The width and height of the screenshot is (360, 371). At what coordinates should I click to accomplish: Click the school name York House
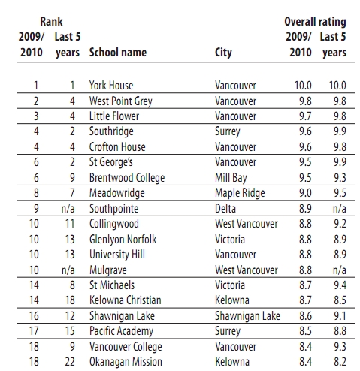(x=111, y=86)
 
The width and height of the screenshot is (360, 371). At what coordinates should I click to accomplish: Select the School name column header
(x=118, y=53)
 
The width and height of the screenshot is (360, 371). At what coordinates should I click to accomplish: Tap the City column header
(x=223, y=53)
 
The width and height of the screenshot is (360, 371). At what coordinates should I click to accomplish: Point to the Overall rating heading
(x=315, y=22)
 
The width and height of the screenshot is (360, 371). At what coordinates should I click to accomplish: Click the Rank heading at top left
(x=51, y=22)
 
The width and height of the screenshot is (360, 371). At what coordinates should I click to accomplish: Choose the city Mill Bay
(x=231, y=178)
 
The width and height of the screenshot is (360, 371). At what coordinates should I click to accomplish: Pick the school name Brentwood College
(x=127, y=178)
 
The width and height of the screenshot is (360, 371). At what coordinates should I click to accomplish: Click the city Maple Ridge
(x=240, y=193)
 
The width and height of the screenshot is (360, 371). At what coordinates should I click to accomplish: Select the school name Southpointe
(x=113, y=209)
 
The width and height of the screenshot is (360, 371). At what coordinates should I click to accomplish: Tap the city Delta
(x=225, y=209)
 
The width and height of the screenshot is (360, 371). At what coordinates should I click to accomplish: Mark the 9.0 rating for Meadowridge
(x=305, y=193)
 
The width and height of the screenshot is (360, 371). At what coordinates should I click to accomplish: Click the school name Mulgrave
(x=108, y=270)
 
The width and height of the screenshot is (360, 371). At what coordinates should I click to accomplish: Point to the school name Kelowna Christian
(x=126, y=300)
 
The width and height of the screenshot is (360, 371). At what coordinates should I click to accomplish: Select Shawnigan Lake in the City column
(x=247, y=316)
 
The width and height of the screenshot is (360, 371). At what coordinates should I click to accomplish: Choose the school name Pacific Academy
(x=121, y=331)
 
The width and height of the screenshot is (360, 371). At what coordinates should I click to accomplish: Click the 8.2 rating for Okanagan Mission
(x=340, y=362)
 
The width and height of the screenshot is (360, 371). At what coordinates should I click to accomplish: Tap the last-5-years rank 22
(x=70, y=362)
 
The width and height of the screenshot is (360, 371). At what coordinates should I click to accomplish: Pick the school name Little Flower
(x=114, y=116)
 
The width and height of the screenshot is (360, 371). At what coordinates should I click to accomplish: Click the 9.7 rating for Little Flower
(x=305, y=116)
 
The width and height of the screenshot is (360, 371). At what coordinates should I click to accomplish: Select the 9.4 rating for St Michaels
(x=340, y=285)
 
